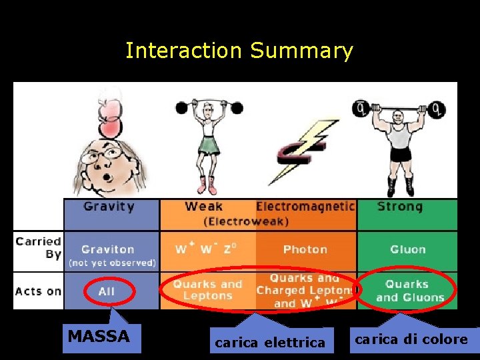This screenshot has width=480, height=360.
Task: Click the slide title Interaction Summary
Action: (239, 51)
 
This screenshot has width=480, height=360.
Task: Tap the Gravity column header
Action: (109, 207)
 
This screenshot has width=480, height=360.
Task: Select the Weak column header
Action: (203, 207)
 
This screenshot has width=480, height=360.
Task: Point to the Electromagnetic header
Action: (305, 207)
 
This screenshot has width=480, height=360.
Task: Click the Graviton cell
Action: (108, 249)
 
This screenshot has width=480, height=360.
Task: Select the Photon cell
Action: (305, 250)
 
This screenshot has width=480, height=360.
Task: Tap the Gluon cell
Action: (407, 250)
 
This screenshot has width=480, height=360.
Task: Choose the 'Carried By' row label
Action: (39, 248)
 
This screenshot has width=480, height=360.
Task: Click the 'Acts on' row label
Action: (38, 291)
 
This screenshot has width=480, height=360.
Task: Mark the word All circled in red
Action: (107, 291)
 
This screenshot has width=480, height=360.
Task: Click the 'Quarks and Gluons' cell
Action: (407, 291)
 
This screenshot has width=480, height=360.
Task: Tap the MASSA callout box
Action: (99, 336)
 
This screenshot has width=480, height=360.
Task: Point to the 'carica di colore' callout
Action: (411, 339)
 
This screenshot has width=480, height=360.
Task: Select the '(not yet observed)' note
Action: (111, 263)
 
